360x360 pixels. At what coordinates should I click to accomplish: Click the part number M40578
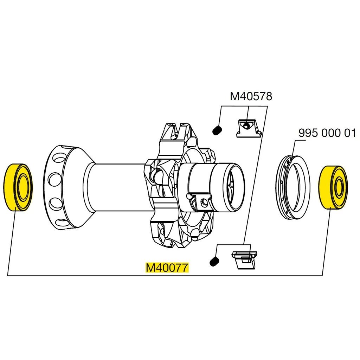tap(251, 96)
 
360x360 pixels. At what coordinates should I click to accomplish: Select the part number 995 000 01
tap(327, 133)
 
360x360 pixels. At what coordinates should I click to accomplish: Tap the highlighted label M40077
tap(168, 268)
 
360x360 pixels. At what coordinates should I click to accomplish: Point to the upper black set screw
tap(217, 131)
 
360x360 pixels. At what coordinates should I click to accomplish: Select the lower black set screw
tap(214, 262)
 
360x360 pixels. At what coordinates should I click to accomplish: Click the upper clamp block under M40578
tap(249, 128)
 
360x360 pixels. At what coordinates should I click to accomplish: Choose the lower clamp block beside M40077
tap(244, 259)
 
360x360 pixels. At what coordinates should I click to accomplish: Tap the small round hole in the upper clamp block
tap(247, 125)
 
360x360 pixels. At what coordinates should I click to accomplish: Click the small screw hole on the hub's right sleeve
tap(203, 202)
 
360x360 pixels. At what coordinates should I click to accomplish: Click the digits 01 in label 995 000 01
tap(350, 133)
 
